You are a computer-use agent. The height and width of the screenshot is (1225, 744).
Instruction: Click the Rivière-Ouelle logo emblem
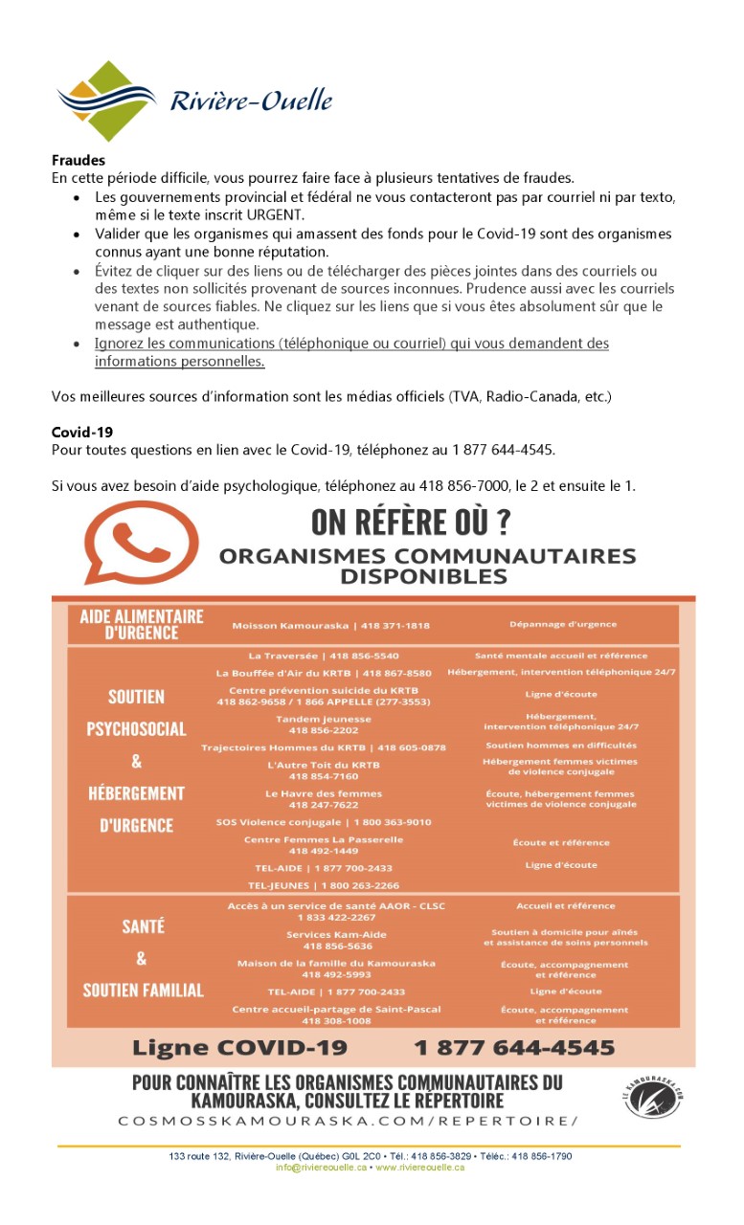click(x=105, y=100)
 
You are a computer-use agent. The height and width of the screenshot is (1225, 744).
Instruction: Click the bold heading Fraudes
click(x=79, y=161)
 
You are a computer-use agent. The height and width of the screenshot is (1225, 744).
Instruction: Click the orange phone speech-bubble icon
click(x=142, y=543)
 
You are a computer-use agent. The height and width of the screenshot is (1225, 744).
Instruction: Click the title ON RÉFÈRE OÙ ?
click(x=411, y=523)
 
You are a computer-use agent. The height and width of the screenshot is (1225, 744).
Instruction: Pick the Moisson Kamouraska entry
click(x=330, y=626)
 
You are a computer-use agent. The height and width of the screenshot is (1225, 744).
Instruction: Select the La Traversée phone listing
click(x=324, y=656)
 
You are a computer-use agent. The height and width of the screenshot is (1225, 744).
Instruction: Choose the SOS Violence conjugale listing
click(x=324, y=822)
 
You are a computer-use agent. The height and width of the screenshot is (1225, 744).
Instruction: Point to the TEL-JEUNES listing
click(x=324, y=885)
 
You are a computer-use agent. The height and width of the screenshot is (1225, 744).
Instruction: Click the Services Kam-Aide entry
click(x=324, y=941)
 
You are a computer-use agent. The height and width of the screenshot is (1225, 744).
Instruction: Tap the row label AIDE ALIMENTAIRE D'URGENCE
click(x=142, y=624)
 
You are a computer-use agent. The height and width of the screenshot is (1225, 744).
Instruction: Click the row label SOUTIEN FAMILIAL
click(x=144, y=991)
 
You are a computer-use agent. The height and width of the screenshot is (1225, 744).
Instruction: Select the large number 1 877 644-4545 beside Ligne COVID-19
click(x=514, y=1047)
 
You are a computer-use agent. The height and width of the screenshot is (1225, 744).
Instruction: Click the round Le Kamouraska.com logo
click(x=653, y=1096)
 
